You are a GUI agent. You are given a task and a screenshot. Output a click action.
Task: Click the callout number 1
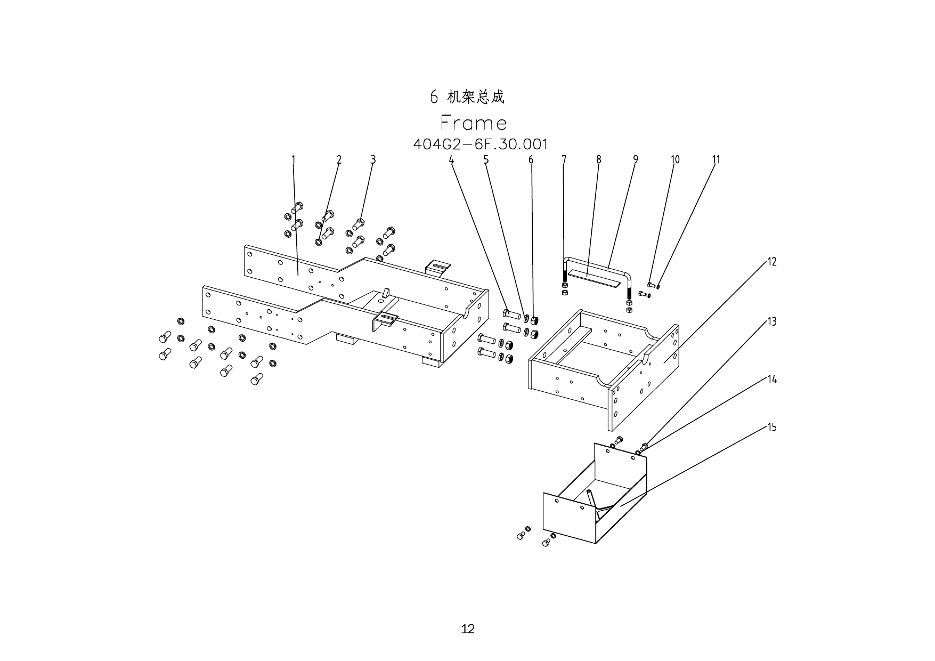tap(293, 159)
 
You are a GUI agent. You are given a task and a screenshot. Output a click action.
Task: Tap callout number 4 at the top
tap(451, 159)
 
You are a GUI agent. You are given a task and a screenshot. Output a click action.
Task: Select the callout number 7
tap(564, 159)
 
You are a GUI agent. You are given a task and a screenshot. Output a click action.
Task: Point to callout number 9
tap(636, 159)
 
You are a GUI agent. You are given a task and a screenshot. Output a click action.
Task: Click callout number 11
tap(716, 159)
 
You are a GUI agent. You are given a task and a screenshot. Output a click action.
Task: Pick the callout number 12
tap(772, 262)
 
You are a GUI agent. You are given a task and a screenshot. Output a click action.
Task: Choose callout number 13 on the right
tap(772, 322)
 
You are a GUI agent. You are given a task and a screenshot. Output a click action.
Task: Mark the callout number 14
tap(772, 380)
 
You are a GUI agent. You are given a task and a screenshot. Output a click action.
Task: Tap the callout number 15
tap(772, 428)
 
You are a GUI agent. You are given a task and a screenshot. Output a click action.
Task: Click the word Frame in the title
tap(473, 123)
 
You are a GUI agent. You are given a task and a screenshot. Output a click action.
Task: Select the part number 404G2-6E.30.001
tap(480, 144)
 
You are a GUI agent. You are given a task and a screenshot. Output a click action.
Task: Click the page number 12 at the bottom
tap(467, 629)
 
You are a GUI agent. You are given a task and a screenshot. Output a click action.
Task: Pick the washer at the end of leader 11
tap(658, 287)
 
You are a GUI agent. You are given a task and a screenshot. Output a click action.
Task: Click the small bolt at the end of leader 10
tap(651, 285)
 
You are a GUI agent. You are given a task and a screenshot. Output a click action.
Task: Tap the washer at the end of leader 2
tap(319, 243)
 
